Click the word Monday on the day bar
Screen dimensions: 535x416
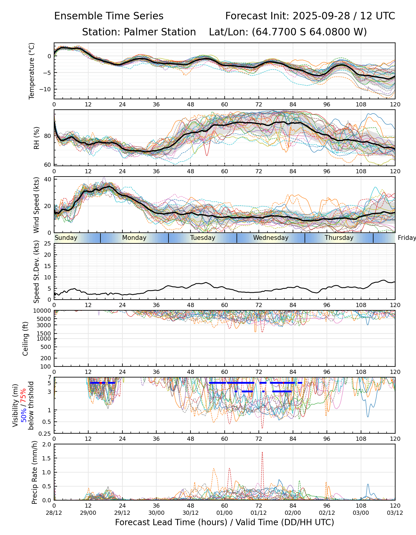coord(134,238)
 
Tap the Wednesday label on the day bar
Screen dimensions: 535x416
coord(271,238)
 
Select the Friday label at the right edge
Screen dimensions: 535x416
coord(407,238)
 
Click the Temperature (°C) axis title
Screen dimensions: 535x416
coord(32,71)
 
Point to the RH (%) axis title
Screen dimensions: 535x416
coord(37,138)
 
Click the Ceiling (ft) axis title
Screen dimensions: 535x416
coord(26,339)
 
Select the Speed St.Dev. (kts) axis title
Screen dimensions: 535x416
coord(36,272)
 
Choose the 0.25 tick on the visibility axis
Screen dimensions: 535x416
coord(45,433)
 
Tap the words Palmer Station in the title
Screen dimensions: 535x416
coord(160,32)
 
